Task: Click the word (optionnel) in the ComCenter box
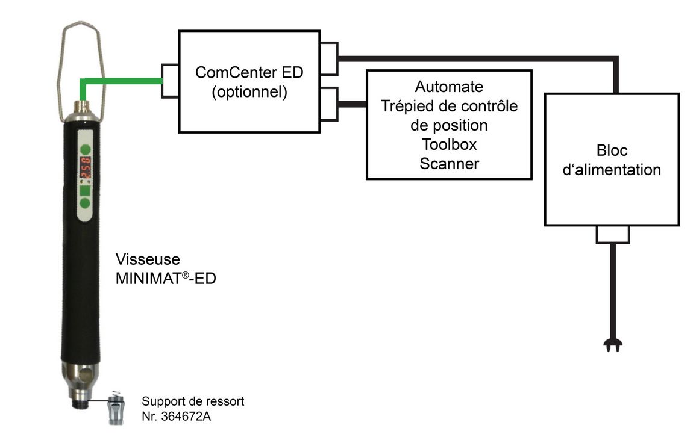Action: (249, 93)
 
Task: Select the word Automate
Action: (449, 87)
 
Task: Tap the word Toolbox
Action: (449, 145)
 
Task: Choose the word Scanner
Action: (449, 164)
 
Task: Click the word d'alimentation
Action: (612, 170)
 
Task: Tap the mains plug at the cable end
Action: (612, 345)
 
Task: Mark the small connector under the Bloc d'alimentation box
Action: (612, 235)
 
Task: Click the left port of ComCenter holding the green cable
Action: (170, 80)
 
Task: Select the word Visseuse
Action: (148, 260)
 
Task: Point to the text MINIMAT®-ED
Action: (166, 279)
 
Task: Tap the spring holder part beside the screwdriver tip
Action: (116, 408)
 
